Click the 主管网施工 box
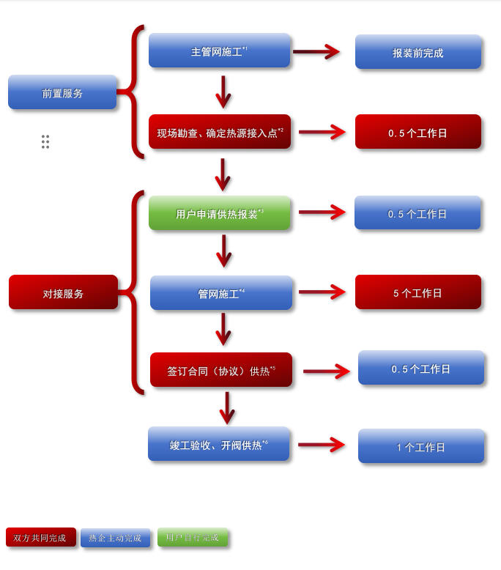pos(220,51)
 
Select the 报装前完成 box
pos(418,53)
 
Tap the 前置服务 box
pos(62,93)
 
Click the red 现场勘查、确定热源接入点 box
pos(220,133)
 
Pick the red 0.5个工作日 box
pos(418,133)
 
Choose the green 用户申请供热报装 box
pos(220,214)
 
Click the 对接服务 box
pos(63,293)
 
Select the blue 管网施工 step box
pos(221,293)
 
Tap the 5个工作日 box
pos(418,292)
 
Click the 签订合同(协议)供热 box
pos(221,371)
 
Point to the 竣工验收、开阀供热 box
pos(219,445)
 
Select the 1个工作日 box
pos(421,446)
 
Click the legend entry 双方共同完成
pos(40,538)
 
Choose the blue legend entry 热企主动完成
pos(115,538)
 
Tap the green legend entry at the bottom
pos(193,538)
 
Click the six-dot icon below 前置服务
pos(45,142)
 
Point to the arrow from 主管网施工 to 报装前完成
pos(316,52)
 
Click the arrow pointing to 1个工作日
pos(322,445)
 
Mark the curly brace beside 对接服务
pos(134,292)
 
